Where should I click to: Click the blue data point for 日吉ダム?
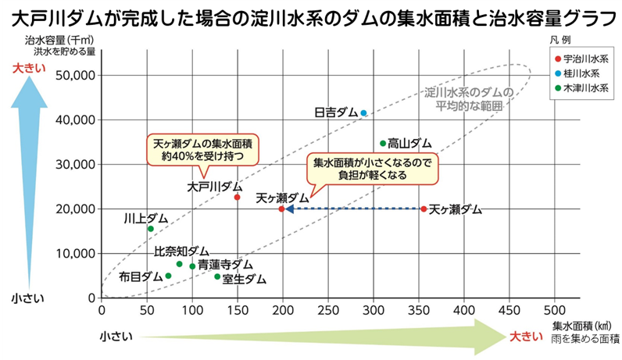tap(363, 112)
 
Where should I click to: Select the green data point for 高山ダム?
tap(382, 143)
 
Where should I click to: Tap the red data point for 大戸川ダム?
tap(237, 197)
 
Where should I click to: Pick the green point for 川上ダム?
tap(150, 229)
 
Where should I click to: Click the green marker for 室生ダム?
tap(217, 276)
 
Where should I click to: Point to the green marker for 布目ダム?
tap(168, 276)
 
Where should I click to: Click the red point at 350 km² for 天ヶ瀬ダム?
tap(424, 209)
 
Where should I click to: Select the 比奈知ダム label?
tap(181, 251)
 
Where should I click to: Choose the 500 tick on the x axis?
tap(556, 310)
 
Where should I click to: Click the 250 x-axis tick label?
tap(328, 310)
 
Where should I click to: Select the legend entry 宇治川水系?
tap(585, 59)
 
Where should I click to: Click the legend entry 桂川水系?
tap(582, 73)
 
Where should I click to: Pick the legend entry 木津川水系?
tap(585, 88)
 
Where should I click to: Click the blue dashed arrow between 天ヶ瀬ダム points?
tap(352, 209)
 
